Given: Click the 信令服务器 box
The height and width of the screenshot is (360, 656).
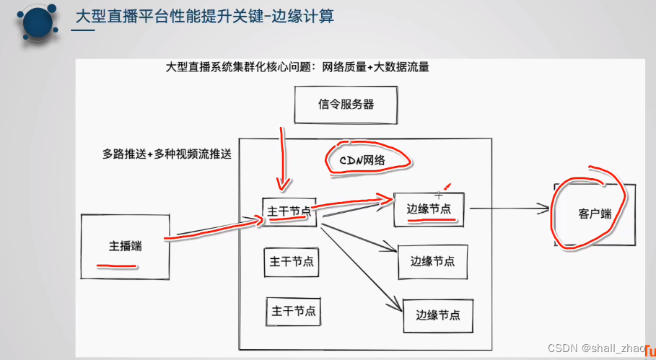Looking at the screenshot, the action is tap(346, 105).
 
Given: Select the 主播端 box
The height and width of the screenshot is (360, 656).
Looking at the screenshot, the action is tap(125, 246).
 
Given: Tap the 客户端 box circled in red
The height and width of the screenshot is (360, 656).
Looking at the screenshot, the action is tap(594, 215).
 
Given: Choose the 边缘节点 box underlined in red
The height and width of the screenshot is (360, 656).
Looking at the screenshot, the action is tap(429, 209).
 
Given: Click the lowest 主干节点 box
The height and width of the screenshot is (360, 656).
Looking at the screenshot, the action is tap(292, 312).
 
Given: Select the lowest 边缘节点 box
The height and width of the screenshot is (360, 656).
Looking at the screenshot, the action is tap(439, 315).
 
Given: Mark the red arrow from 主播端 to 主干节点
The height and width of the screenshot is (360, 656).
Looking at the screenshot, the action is tap(213, 229).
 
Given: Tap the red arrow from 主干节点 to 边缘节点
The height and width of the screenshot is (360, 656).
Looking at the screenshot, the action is tap(354, 201).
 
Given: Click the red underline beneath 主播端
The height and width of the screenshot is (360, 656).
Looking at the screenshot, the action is tap(116, 265).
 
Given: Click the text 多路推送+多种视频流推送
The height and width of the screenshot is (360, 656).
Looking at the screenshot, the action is tap(167, 154).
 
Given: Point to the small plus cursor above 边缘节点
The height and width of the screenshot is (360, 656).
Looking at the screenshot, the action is tap(439, 195).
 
